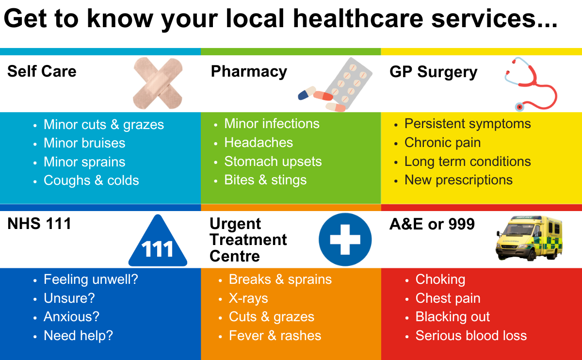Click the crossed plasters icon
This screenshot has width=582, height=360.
click(158, 82)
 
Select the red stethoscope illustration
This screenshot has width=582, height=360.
click(530, 83)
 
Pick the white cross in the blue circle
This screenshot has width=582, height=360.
click(345, 239)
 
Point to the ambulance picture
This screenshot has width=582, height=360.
click(529, 239)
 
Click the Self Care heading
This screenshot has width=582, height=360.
click(42, 72)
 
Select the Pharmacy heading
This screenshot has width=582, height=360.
click(249, 72)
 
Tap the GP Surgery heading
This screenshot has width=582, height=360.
click(433, 72)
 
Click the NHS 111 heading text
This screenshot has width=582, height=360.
click(39, 224)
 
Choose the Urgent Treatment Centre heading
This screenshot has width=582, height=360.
click(248, 240)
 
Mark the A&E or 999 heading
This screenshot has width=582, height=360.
click(432, 224)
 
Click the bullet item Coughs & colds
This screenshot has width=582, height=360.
click(91, 180)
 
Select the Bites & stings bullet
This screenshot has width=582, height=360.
click(265, 180)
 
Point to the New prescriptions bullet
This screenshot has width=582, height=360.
click(458, 180)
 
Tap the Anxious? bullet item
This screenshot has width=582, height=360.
click(71, 317)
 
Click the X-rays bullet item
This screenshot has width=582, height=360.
click(248, 298)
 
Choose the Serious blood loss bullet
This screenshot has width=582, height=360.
click(471, 336)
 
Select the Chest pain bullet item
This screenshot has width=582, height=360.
click(448, 298)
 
